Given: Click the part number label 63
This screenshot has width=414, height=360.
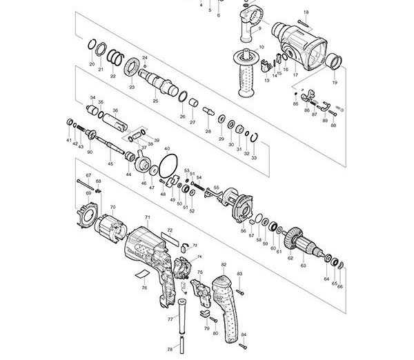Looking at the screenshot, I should pyautogui.click(x=303, y=265).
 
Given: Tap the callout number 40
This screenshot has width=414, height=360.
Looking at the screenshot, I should pyautogui.click(x=167, y=148).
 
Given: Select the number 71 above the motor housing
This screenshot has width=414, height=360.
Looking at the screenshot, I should pyautogui.click(x=147, y=217).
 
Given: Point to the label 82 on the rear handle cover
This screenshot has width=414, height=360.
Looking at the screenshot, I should pyautogui.click(x=224, y=264).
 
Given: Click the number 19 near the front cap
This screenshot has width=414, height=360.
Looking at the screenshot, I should pyautogui.click(x=335, y=83).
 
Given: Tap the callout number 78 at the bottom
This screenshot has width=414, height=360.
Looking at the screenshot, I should pyautogui.click(x=170, y=350).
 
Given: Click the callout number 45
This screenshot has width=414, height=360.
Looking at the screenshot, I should pyautogui.click(x=110, y=163).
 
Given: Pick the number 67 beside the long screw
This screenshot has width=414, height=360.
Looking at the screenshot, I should pyautogui.click(x=88, y=177).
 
